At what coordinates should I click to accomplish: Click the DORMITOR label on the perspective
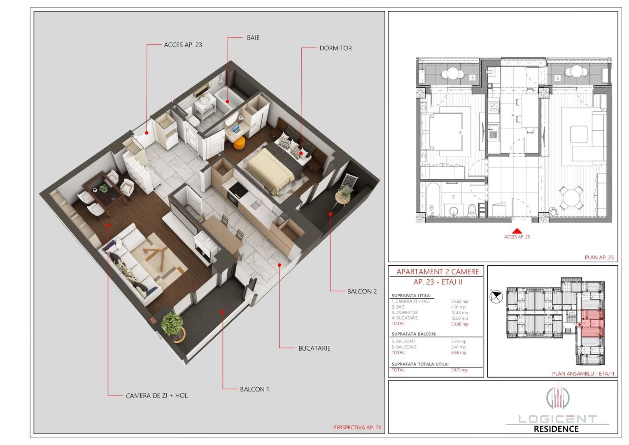(x=335, y=48)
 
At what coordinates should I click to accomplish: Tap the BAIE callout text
(x=253, y=37)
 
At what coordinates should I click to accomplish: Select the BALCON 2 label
(x=361, y=291)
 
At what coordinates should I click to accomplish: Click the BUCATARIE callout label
(x=314, y=348)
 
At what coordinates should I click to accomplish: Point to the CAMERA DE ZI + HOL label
(x=156, y=396)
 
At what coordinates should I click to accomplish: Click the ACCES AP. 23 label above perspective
(x=183, y=45)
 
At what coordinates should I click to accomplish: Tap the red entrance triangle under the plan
(x=517, y=232)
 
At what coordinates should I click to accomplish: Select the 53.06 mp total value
(x=459, y=324)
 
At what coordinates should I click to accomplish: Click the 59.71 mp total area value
(x=459, y=370)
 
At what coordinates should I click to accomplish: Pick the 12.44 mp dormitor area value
(x=459, y=313)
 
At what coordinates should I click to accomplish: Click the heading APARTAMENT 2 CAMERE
(x=438, y=272)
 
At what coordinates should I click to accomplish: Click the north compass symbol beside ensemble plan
(x=496, y=296)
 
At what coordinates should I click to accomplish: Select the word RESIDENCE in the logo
(x=556, y=429)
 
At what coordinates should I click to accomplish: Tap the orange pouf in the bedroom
(x=239, y=143)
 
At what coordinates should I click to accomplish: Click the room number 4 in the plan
(x=513, y=115)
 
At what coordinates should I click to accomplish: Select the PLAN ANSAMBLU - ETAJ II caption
(x=582, y=374)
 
